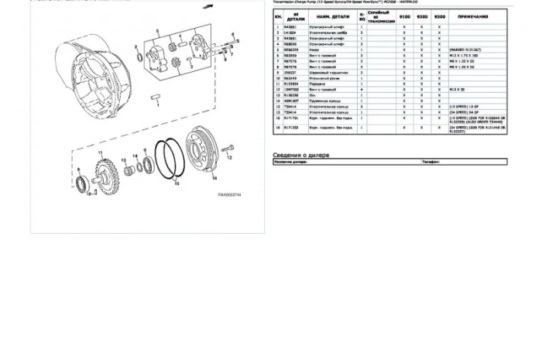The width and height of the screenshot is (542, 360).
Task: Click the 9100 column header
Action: [404, 16]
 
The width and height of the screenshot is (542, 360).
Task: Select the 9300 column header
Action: [439, 16]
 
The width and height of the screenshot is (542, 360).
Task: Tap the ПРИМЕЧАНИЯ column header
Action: [473, 16]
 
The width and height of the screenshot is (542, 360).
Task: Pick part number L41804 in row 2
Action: [290, 33]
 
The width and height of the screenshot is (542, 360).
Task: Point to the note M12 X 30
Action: [457, 90]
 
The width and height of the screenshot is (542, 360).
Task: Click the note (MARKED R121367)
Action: [465, 50]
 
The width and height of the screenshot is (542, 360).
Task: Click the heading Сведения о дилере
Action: [300, 155]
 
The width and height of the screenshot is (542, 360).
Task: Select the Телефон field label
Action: [431, 162]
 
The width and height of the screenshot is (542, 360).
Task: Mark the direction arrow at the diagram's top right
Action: [208, 6]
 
